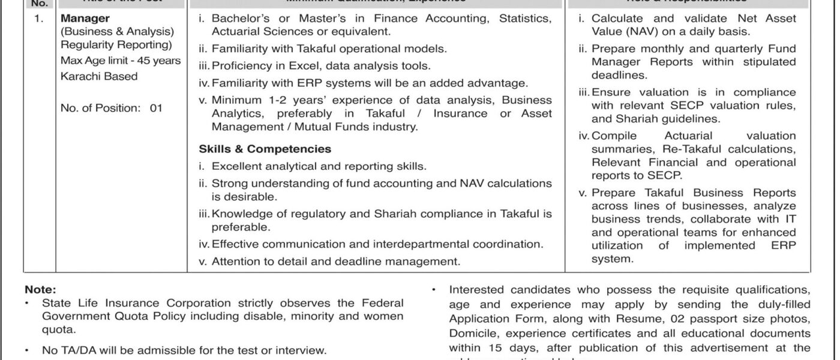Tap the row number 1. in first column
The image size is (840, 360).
39,19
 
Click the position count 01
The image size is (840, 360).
156,109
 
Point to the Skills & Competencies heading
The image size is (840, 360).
265,149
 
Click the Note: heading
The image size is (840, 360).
40,289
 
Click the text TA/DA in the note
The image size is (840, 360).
73,350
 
